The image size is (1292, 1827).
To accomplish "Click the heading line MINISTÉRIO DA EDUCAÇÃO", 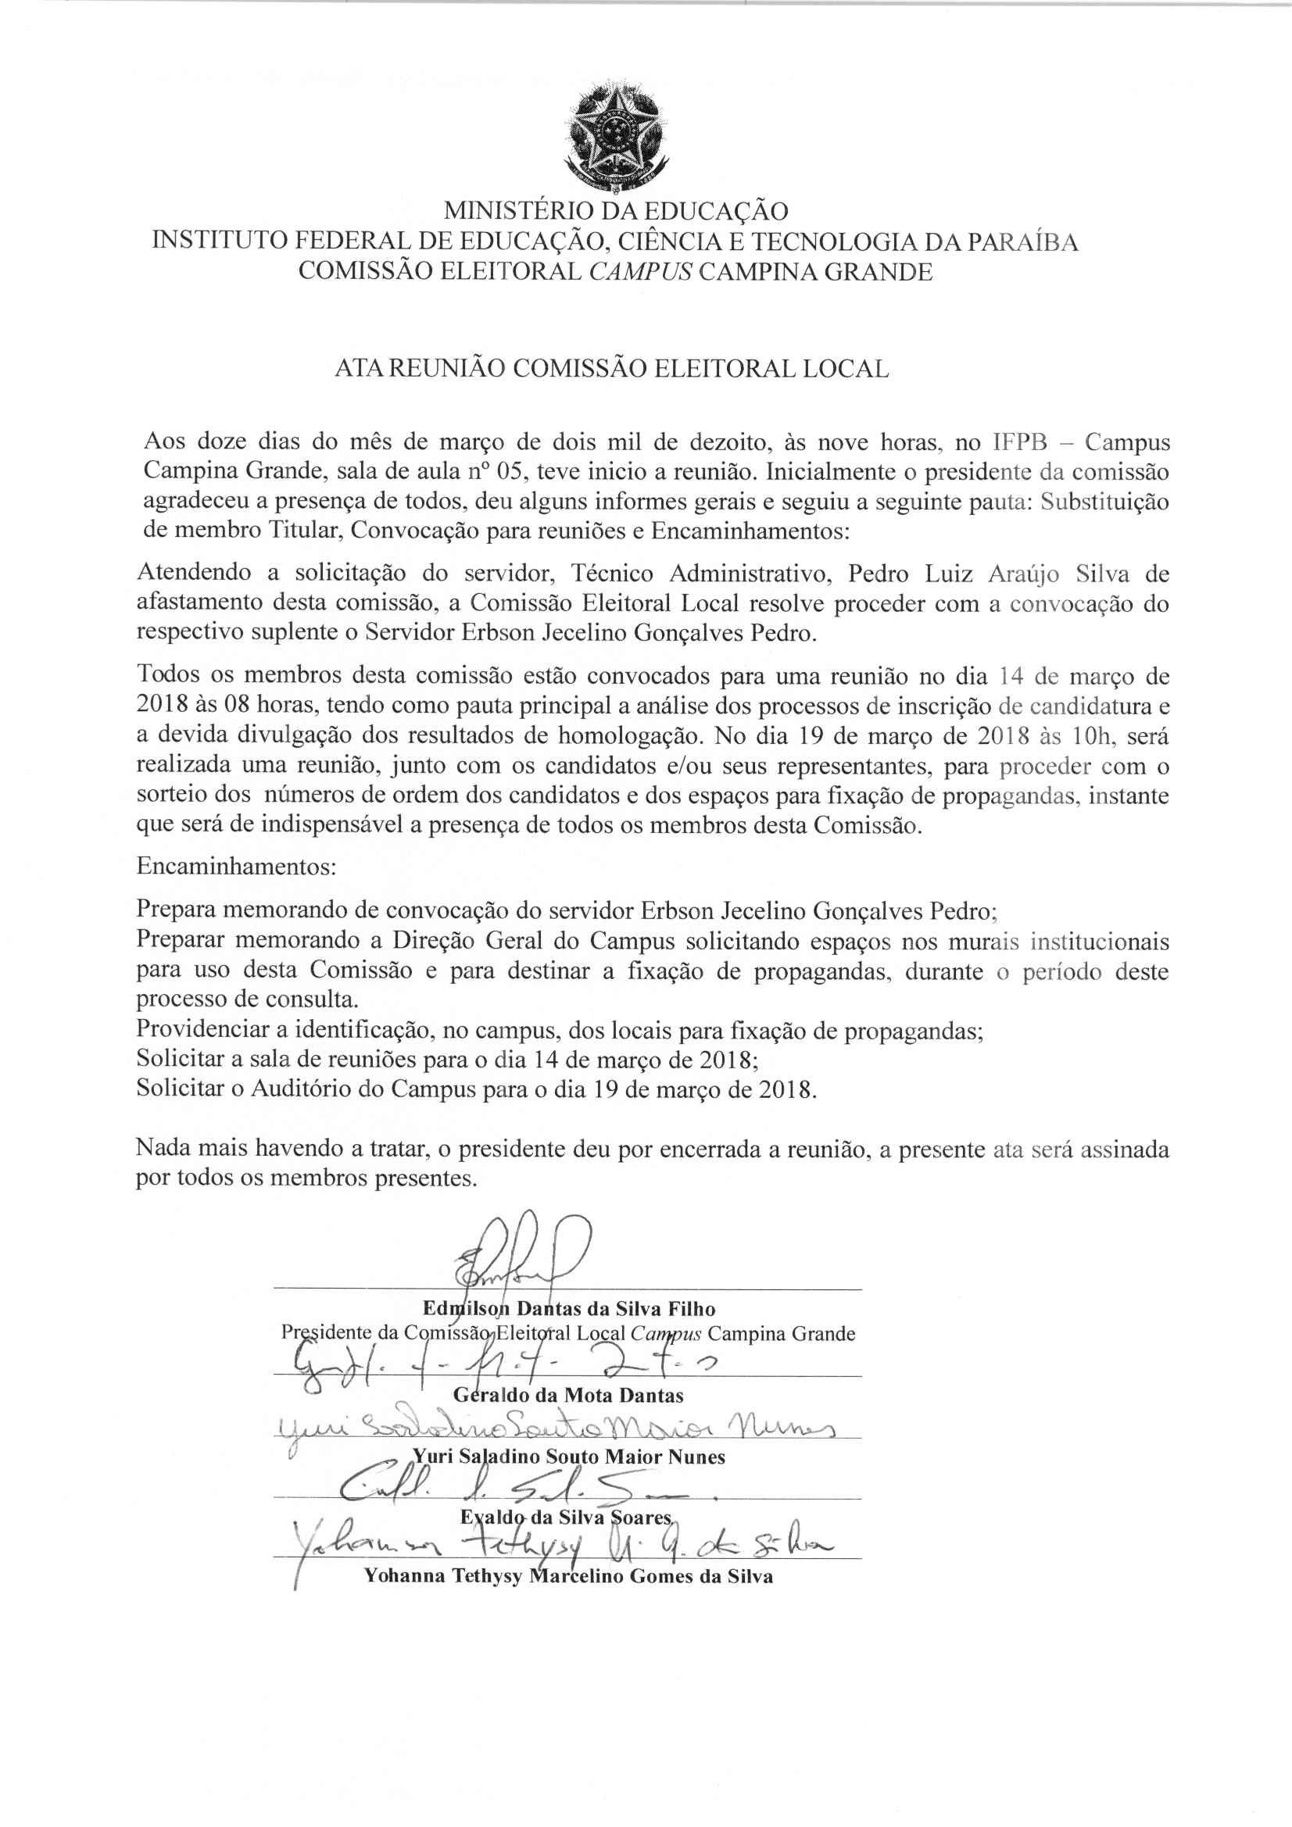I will point(615,212).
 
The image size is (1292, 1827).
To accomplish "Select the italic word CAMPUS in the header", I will point(640,272).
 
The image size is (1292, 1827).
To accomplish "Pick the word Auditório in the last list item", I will point(301,1089).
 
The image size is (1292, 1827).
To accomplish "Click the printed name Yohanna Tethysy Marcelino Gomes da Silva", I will point(567,1577).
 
